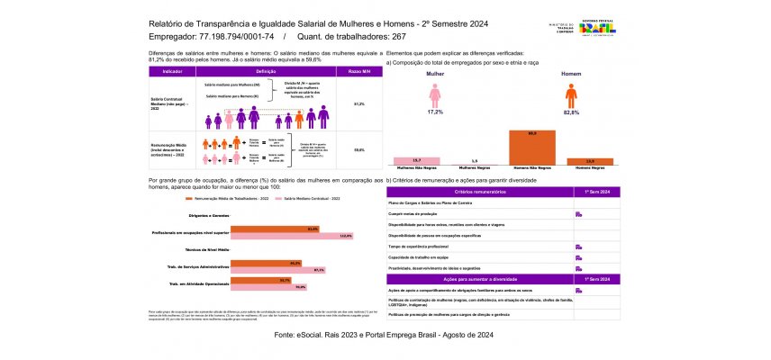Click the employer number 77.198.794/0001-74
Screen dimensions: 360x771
245,37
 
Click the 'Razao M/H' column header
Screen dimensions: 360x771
358,70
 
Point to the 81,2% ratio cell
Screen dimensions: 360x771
358,103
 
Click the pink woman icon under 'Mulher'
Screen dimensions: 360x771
434,94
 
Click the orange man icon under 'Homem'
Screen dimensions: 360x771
571,94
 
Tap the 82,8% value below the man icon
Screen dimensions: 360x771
571,112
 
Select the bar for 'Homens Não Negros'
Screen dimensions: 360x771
532,147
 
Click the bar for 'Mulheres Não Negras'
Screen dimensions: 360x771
417,161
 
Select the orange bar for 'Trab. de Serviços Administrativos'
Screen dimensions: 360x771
267,263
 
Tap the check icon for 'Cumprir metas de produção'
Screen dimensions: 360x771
578,214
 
